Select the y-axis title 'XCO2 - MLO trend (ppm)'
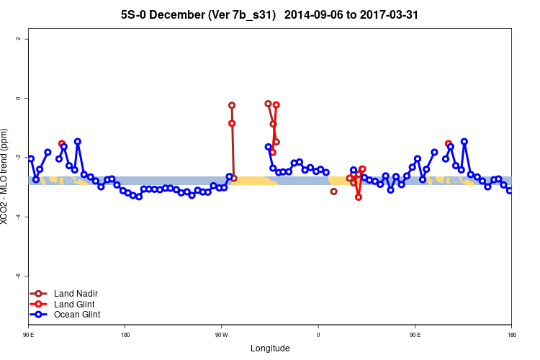6,176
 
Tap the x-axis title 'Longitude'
270,348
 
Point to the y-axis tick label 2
17,39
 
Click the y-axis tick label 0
17,98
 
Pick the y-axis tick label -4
17,217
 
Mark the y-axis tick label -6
17,276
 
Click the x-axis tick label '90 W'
221,335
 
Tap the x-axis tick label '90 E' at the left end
29,335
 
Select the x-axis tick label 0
318,335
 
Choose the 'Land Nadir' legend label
76,294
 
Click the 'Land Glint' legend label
74,304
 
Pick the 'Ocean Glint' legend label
77,315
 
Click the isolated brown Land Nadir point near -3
333,191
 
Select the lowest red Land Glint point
359,197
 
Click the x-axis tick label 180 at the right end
511,335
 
